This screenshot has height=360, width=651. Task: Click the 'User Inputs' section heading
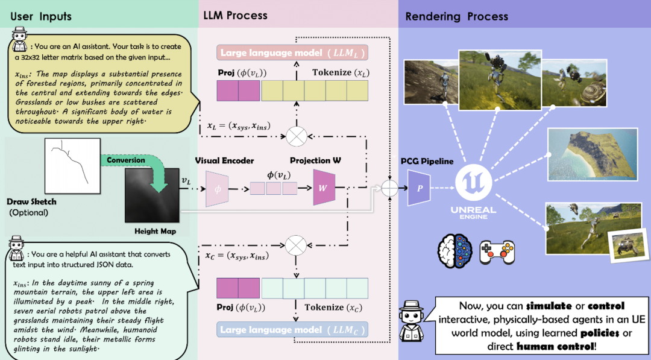[x=41, y=16]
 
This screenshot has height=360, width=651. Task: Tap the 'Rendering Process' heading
[x=456, y=16]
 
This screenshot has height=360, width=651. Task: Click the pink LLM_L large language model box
[x=293, y=53]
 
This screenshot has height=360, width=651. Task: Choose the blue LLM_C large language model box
[x=293, y=330]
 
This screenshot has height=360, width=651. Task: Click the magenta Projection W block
[x=323, y=187]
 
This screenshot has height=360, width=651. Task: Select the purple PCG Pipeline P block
[x=420, y=187]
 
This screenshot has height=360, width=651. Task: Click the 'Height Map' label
[x=156, y=231]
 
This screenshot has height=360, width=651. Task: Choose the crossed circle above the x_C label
[x=296, y=244]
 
